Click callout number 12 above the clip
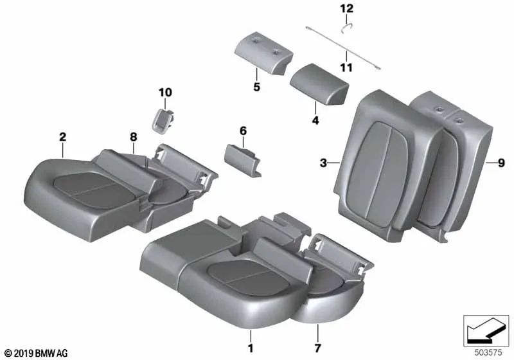[347, 8]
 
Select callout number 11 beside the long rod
[346, 68]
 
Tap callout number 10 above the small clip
[165, 93]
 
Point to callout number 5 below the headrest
[256, 87]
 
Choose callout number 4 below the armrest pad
[315, 120]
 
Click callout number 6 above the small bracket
[243, 130]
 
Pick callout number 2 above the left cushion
[62, 137]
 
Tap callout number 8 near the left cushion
[134, 137]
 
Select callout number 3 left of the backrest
[324, 163]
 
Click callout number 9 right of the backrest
[501, 163]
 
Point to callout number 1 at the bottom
[251, 348]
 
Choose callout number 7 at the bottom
[317, 348]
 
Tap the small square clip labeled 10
[162, 121]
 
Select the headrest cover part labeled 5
[264, 53]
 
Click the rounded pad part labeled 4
[319, 84]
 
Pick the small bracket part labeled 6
[242, 161]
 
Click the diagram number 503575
[488, 353]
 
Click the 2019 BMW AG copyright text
[37, 353]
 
